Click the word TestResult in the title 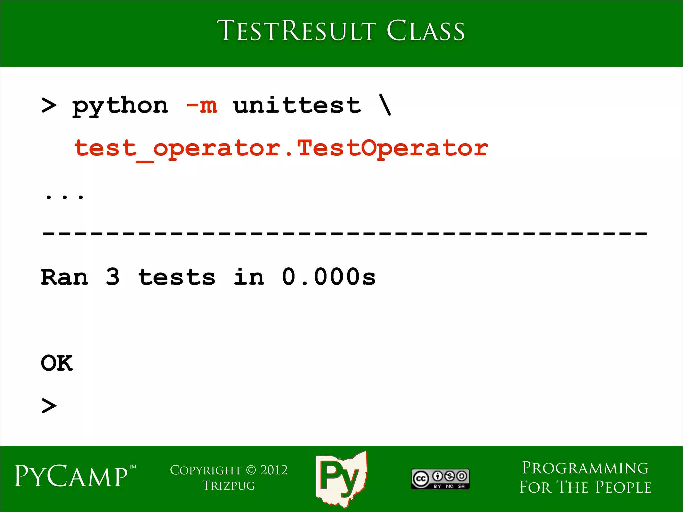pyautogui.click(x=297, y=31)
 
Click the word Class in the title pyautogui.click(x=425, y=31)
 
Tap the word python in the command pyautogui.click(x=120, y=106)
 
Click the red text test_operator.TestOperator pyautogui.click(x=281, y=148)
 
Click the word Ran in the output pyautogui.click(x=65, y=277)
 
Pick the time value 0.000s pyautogui.click(x=329, y=277)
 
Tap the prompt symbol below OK pyautogui.click(x=49, y=406)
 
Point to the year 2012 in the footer pyautogui.click(x=274, y=470)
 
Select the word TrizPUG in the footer pyautogui.click(x=229, y=486)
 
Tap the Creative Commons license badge pyautogui.click(x=440, y=479)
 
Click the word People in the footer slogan pyautogui.click(x=623, y=487)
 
